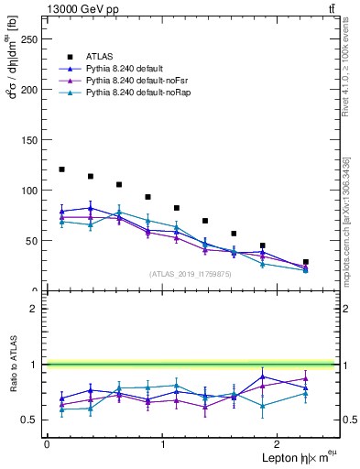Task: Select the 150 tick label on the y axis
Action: pos(29,140)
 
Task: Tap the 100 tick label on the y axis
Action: pos(29,191)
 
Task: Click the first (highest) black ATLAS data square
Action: pos(61,169)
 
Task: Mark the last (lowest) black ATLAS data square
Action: pos(306,262)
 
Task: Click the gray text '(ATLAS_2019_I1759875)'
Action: pos(190,274)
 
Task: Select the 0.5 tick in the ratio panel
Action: pos(32,420)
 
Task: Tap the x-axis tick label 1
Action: pos(163,443)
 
